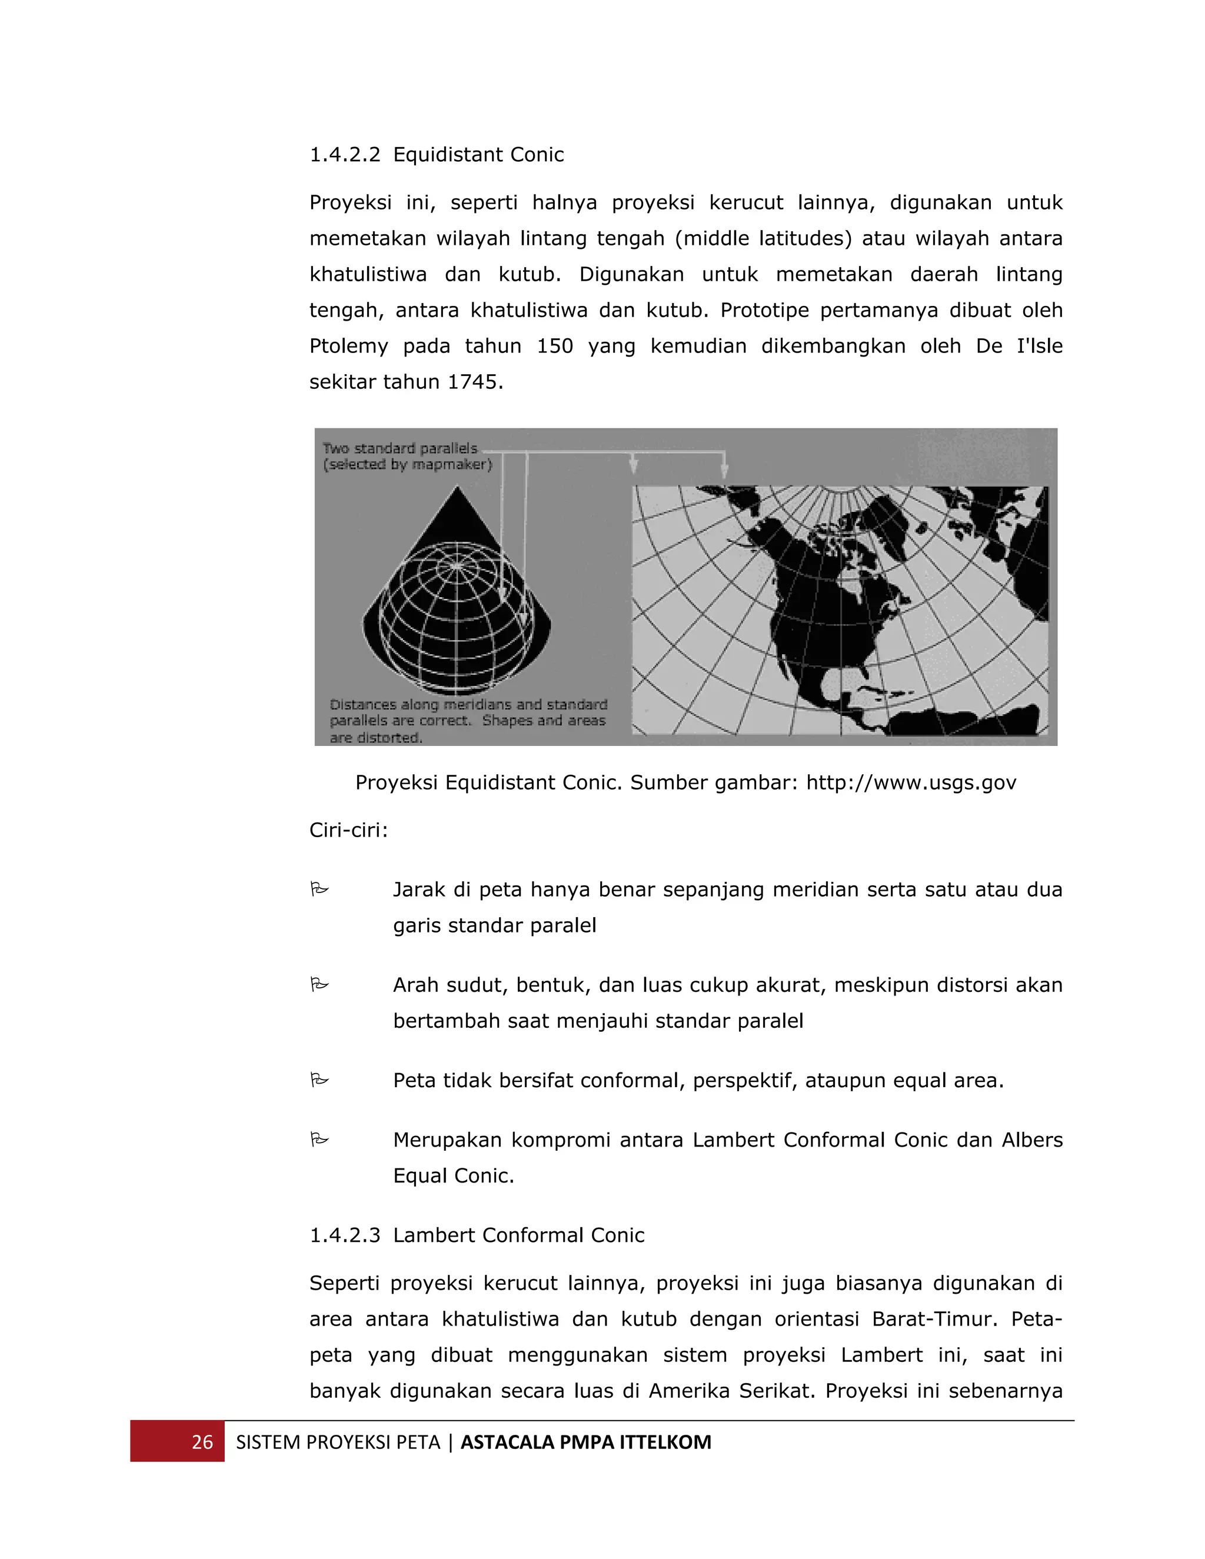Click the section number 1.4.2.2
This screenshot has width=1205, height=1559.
pos(345,155)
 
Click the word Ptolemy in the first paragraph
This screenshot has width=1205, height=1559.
pos(348,346)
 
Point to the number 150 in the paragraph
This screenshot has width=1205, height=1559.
pos(555,346)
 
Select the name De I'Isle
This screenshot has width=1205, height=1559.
pos(1018,346)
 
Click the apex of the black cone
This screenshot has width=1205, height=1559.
pos(457,488)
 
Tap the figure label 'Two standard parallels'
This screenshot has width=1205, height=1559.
pos(400,448)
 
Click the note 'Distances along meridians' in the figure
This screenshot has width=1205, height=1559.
pos(468,705)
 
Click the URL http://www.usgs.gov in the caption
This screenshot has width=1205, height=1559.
pos(911,782)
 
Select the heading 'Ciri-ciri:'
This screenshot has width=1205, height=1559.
pos(348,830)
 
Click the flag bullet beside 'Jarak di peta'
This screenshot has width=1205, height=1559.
pos(319,890)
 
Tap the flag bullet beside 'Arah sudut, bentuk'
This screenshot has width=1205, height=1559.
pos(319,985)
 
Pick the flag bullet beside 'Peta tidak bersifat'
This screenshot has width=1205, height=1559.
pos(319,1080)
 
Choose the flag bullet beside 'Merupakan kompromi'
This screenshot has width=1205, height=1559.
pos(319,1140)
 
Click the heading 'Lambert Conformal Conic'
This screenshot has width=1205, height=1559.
pos(518,1235)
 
